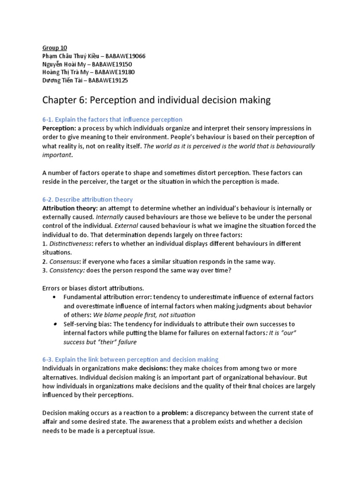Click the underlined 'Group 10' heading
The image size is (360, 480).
[55, 48]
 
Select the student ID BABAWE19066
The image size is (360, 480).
[126, 56]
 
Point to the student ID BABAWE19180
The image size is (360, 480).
[115, 72]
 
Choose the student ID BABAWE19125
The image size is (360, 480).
[108, 80]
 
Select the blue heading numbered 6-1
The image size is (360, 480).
[112, 120]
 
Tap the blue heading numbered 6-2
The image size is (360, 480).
[88, 199]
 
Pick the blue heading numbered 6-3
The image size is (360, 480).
[130, 359]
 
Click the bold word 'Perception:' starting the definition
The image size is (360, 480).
[59, 128]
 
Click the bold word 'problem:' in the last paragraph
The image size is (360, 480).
[177, 412]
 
